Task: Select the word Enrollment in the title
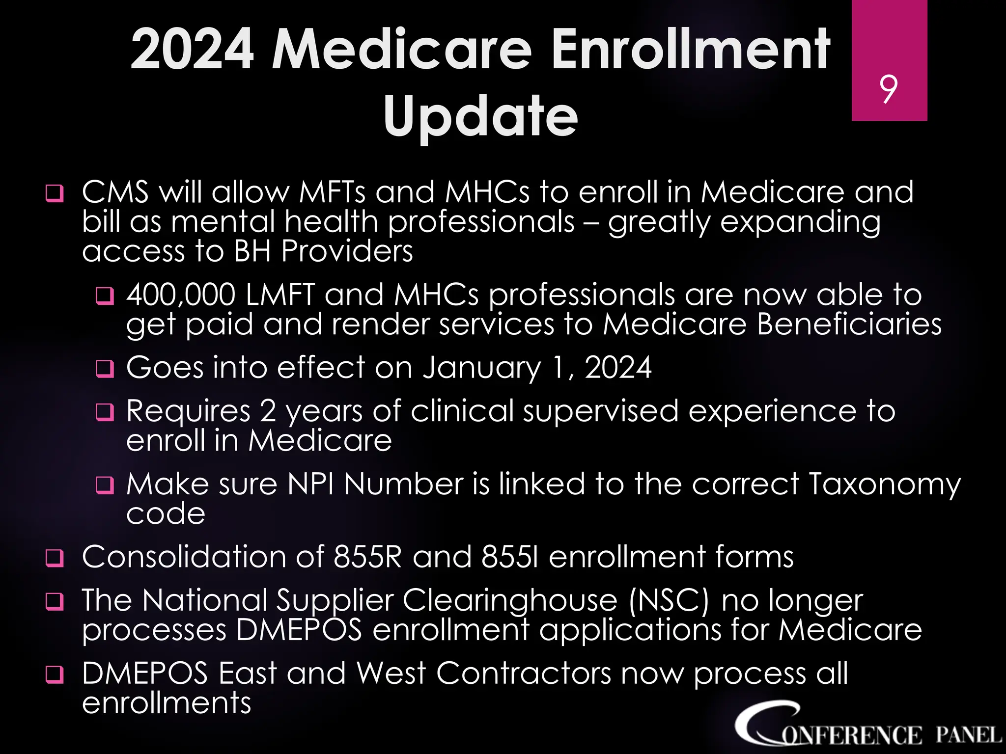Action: click(691, 49)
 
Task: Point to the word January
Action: click(481, 368)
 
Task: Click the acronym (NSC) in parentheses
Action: click(669, 600)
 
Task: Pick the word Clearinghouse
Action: click(510, 600)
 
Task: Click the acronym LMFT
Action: click(280, 295)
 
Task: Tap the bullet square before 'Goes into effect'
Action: click(105, 369)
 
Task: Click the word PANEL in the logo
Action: click(968, 735)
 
